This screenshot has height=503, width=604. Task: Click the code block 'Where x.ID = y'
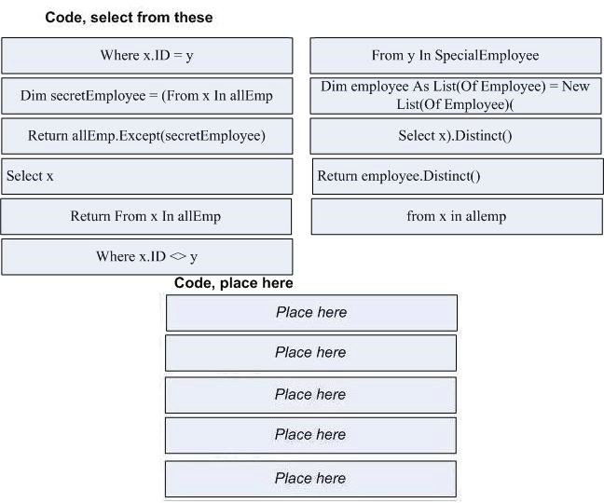point(146,56)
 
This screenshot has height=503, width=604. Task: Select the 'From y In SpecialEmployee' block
point(456,56)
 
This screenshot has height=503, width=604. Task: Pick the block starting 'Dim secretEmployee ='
point(146,96)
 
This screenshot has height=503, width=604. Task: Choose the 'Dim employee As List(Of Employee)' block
point(456,96)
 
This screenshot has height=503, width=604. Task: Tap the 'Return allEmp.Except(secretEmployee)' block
point(146,136)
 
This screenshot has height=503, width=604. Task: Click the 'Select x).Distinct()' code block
point(456,136)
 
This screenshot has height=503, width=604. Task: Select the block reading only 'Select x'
point(146,176)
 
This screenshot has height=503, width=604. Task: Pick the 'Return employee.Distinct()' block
point(458,176)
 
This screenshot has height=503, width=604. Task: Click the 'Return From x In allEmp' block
point(146,216)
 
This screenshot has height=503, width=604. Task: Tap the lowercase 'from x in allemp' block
point(457,216)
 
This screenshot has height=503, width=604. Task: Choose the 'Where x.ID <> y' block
point(146,257)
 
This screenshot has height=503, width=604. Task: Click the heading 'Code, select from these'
point(129,18)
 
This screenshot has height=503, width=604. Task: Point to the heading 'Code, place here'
point(233,283)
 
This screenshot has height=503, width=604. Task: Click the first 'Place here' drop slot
point(311,313)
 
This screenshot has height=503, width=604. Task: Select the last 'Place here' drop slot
point(311,479)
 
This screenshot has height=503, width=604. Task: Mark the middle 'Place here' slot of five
point(311,395)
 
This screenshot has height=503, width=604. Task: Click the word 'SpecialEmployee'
point(487,55)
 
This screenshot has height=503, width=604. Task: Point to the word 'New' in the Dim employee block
point(575,87)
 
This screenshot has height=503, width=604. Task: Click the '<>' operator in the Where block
point(178,256)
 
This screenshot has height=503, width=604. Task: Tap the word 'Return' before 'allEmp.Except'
point(48,135)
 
